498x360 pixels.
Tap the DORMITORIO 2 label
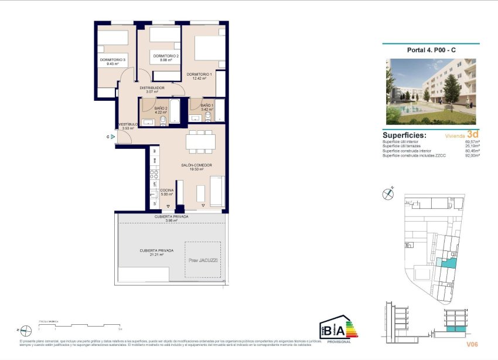click(x=165, y=56)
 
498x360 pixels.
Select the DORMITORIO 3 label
click(x=112, y=59)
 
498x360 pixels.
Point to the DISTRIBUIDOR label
click(x=152, y=88)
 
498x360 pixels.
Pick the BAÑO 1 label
click(x=207, y=105)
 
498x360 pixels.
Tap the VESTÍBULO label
click(x=128, y=124)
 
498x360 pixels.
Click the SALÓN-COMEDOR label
click(x=196, y=165)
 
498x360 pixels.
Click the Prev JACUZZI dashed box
click(x=203, y=259)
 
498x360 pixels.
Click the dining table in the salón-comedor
click(x=200, y=142)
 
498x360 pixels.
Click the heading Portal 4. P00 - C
click(x=431, y=50)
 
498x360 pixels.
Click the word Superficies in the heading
click(x=404, y=135)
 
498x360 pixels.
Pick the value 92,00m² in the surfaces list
click(x=472, y=155)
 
